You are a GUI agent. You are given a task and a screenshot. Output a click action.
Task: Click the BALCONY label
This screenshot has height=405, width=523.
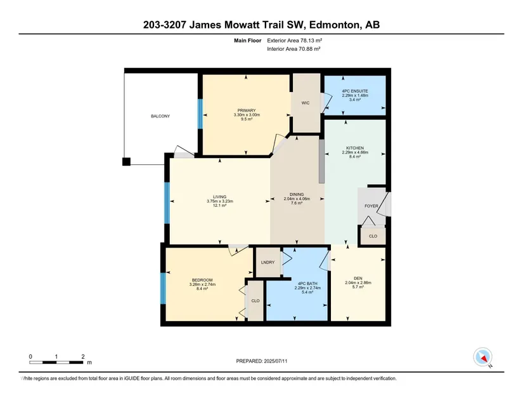pyautogui.click(x=160, y=116)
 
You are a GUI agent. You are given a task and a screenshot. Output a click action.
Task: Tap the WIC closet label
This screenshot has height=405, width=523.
pyautogui.click(x=306, y=103)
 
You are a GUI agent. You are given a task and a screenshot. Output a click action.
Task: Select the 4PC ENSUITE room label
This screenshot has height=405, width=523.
pyautogui.click(x=355, y=91)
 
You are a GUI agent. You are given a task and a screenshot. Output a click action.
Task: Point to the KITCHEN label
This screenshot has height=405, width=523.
pyautogui.click(x=355, y=148)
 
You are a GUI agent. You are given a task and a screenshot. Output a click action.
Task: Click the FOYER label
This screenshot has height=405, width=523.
pyautogui.click(x=371, y=206)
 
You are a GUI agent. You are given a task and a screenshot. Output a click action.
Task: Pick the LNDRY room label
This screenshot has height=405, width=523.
pyautogui.click(x=268, y=262)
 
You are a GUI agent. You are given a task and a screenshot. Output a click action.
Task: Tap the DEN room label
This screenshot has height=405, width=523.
pyautogui.click(x=358, y=278)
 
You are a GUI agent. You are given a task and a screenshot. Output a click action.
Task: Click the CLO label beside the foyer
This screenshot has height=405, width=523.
pyautogui.click(x=373, y=236)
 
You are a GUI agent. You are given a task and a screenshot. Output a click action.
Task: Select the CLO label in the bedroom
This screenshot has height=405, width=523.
pyautogui.click(x=255, y=301)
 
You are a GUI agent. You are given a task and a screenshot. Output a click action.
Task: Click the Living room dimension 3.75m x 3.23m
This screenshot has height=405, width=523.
pyautogui.click(x=220, y=201)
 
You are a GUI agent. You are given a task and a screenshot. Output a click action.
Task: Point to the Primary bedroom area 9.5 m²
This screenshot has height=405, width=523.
pyautogui.click(x=247, y=119)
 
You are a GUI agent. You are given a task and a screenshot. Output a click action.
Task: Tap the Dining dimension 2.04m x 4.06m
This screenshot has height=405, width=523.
pyautogui.click(x=297, y=199)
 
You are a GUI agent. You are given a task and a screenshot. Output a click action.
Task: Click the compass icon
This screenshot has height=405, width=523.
pyautogui.click(x=482, y=357)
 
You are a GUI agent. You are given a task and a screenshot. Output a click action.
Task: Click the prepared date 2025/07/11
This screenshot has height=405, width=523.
pyautogui.click(x=276, y=361)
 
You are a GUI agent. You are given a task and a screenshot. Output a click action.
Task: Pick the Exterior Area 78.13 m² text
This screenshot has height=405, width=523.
pyautogui.click(x=295, y=41)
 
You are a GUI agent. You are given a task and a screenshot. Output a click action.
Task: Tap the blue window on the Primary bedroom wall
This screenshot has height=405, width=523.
pyautogui.click(x=200, y=114)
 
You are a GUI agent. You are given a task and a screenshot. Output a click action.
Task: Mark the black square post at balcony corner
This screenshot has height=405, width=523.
pyautogui.click(x=126, y=162)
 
